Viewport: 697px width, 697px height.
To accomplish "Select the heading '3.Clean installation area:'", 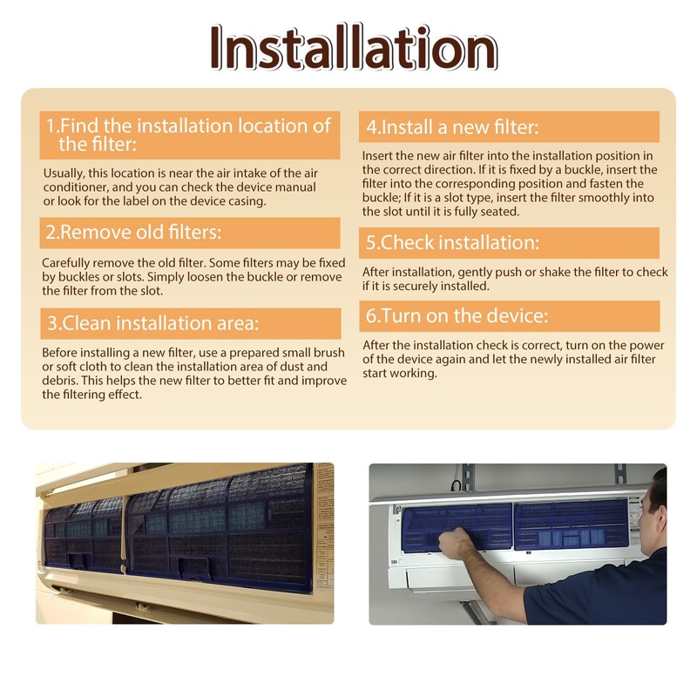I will pos(153,324).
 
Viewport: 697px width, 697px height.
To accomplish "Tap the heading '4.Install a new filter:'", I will pos(451,127).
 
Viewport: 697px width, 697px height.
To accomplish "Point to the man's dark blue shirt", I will pos(610,592).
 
